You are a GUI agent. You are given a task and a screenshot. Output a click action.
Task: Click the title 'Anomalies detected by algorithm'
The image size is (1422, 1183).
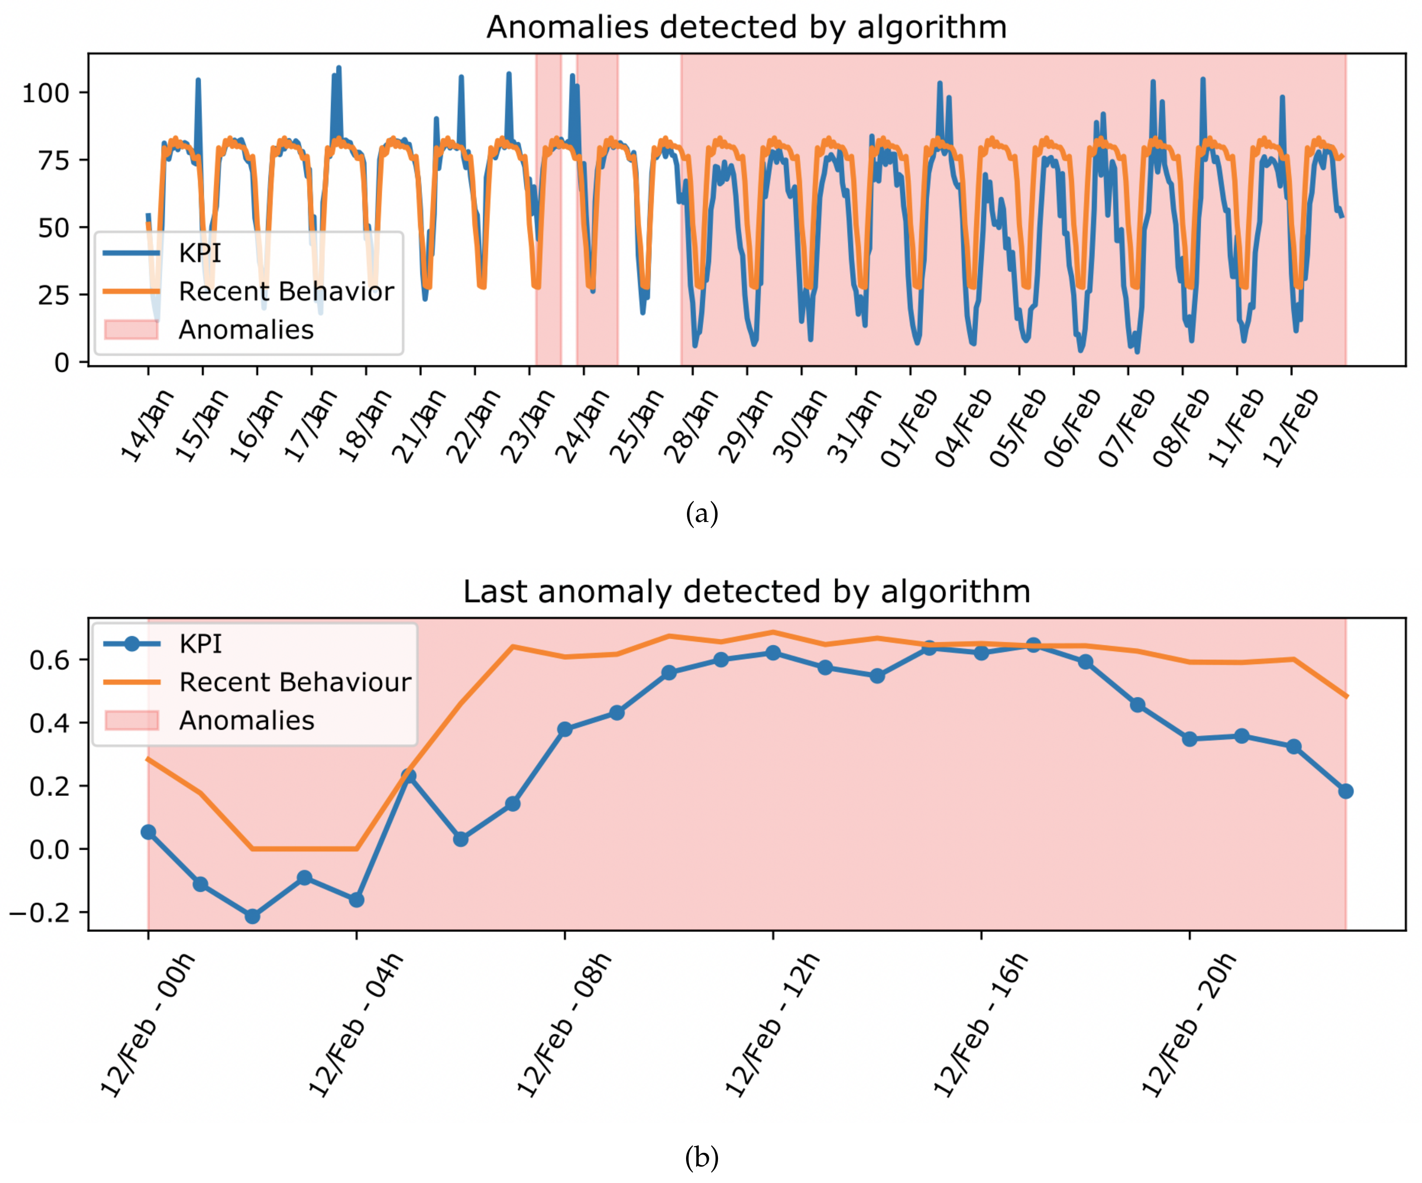(x=746, y=28)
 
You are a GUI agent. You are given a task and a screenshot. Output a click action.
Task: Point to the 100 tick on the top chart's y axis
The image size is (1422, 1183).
(x=45, y=93)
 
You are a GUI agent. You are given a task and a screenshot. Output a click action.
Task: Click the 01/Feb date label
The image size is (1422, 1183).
(x=909, y=428)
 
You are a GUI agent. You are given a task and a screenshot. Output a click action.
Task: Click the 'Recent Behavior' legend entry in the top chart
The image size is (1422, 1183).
(x=286, y=291)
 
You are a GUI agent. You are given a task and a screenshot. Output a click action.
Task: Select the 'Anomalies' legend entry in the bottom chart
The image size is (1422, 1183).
(x=247, y=720)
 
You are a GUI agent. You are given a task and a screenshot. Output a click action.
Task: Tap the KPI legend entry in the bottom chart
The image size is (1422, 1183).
(x=200, y=644)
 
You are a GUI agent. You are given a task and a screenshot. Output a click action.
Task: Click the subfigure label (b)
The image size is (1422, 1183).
(x=701, y=1157)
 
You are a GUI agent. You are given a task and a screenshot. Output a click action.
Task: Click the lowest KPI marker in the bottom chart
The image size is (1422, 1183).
(x=252, y=916)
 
